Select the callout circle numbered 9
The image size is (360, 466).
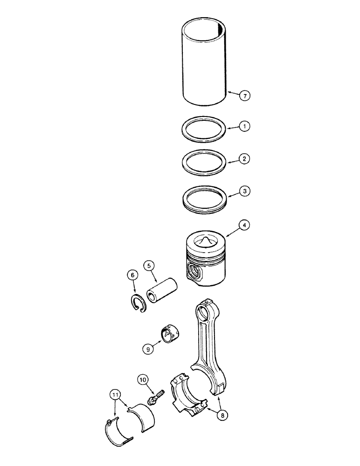[148, 347]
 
